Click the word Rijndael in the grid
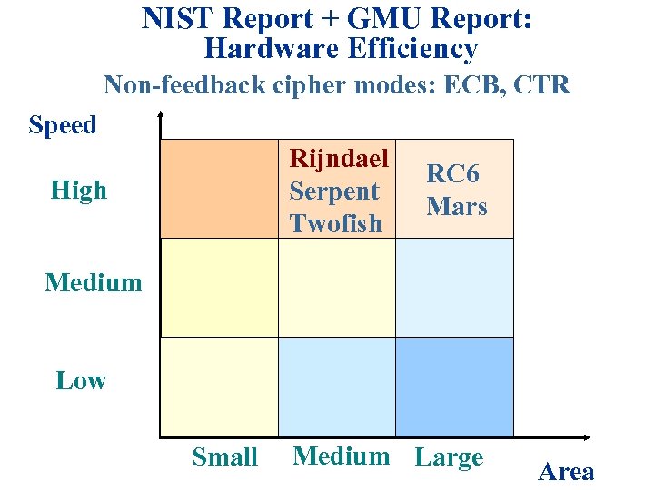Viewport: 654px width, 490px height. point(338,158)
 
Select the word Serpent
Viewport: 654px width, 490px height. point(333,191)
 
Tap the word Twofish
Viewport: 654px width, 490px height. point(335,223)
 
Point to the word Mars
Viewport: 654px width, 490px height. point(456,206)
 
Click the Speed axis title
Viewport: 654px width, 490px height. point(63,124)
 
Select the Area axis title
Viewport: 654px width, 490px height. point(566,471)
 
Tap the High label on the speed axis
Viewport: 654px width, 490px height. point(79,190)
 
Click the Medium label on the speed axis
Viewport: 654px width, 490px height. point(94,282)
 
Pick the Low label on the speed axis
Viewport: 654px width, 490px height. point(81,380)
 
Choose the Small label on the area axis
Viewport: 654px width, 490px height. point(224,456)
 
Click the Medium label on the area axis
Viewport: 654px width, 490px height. point(341,456)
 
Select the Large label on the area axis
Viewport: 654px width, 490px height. point(449,456)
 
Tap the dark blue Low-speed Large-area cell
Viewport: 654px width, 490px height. point(454,387)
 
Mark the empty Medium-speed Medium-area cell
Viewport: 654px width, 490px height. point(337,288)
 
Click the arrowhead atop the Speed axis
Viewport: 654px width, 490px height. point(161,116)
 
